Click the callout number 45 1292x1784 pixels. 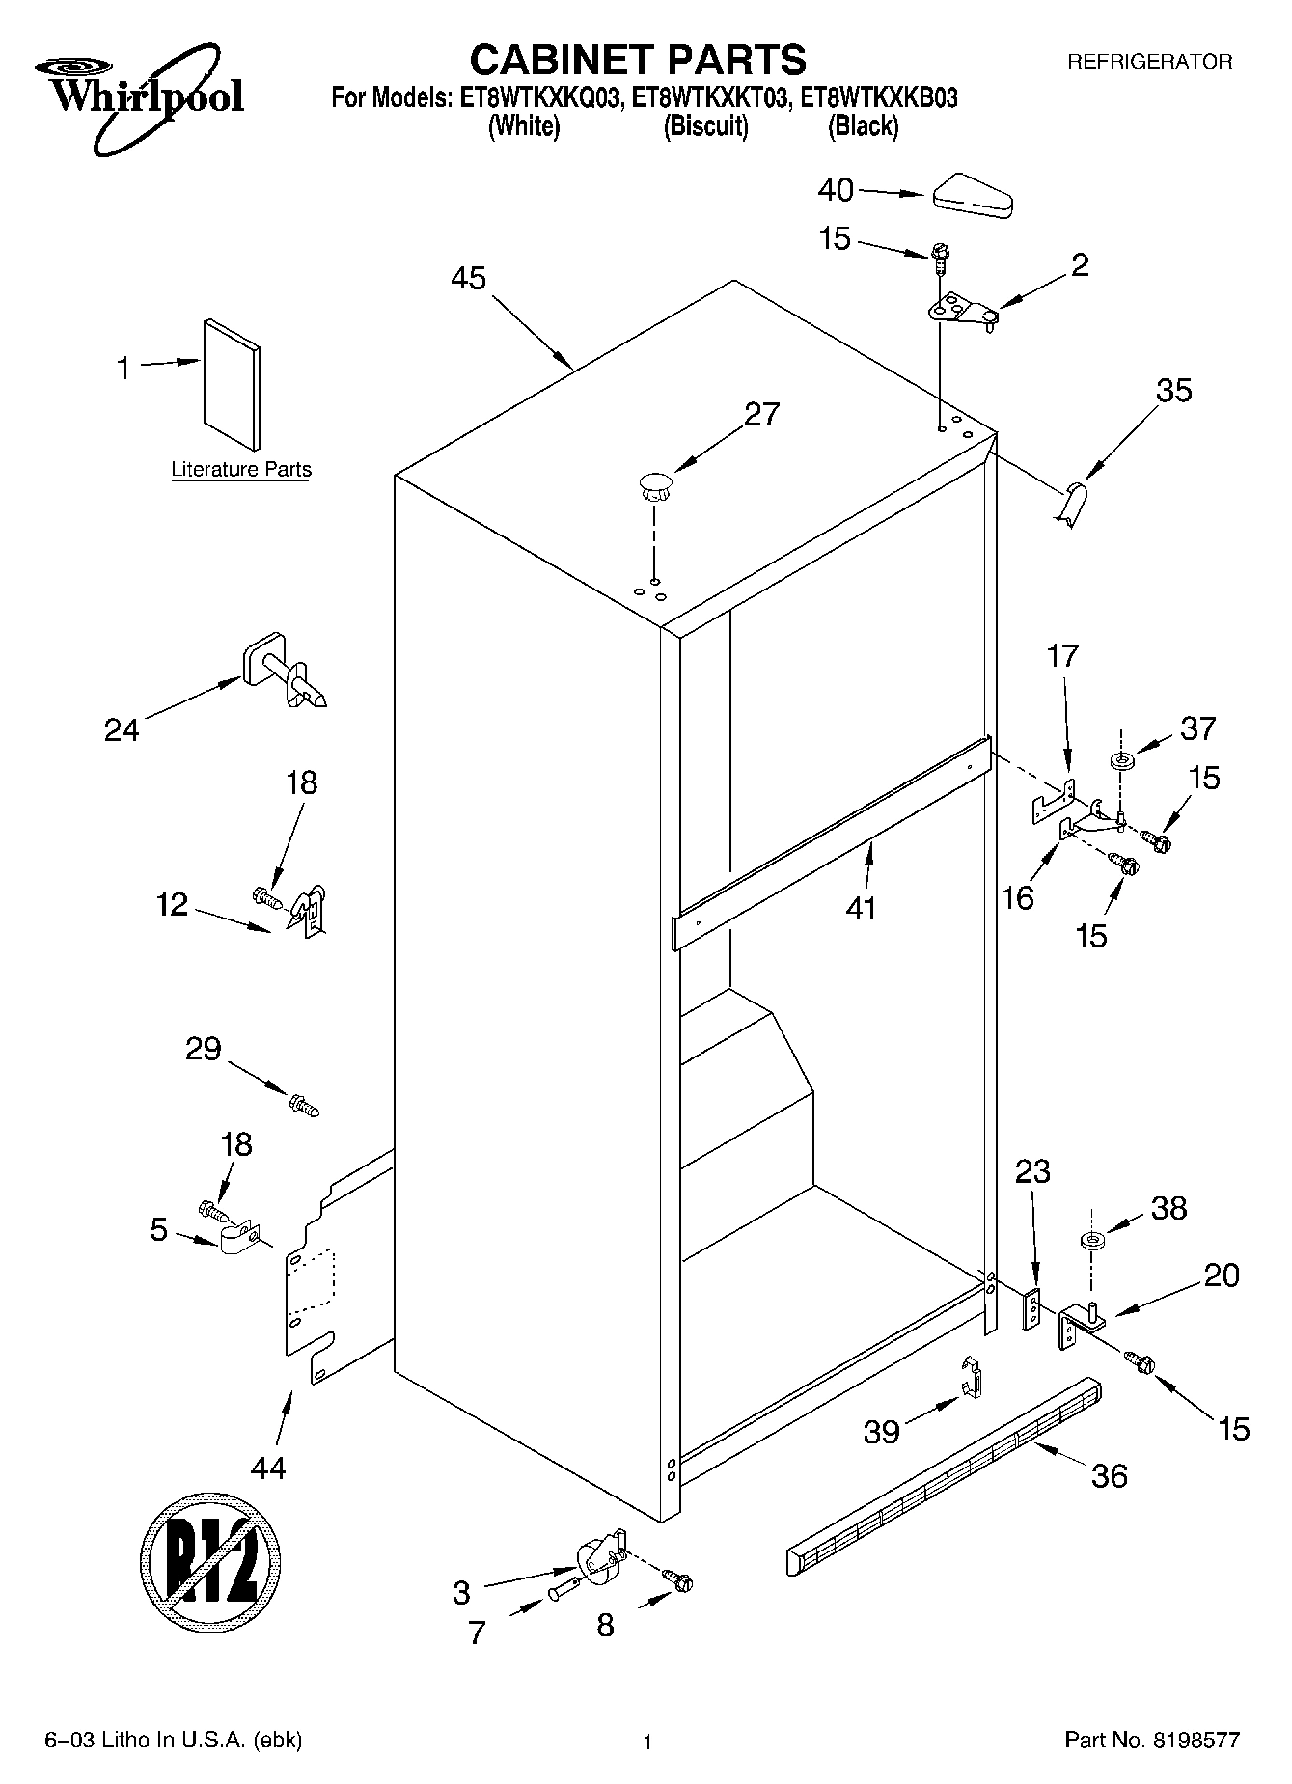click(x=468, y=279)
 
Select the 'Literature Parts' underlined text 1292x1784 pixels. click(x=241, y=470)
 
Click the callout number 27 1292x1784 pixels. click(x=761, y=414)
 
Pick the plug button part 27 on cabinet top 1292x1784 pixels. click(x=654, y=484)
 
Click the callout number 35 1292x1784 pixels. click(x=1173, y=391)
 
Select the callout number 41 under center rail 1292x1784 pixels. click(x=861, y=907)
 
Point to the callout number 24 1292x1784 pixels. click(x=122, y=730)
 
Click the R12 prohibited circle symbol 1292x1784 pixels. click(x=210, y=1560)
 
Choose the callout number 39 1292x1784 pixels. click(x=882, y=1432)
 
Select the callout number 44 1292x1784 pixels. click(x=268, y=1468)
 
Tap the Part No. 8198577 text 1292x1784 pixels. click(x=1151, y=1741)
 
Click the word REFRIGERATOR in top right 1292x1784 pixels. click(x=1148, y=62)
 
